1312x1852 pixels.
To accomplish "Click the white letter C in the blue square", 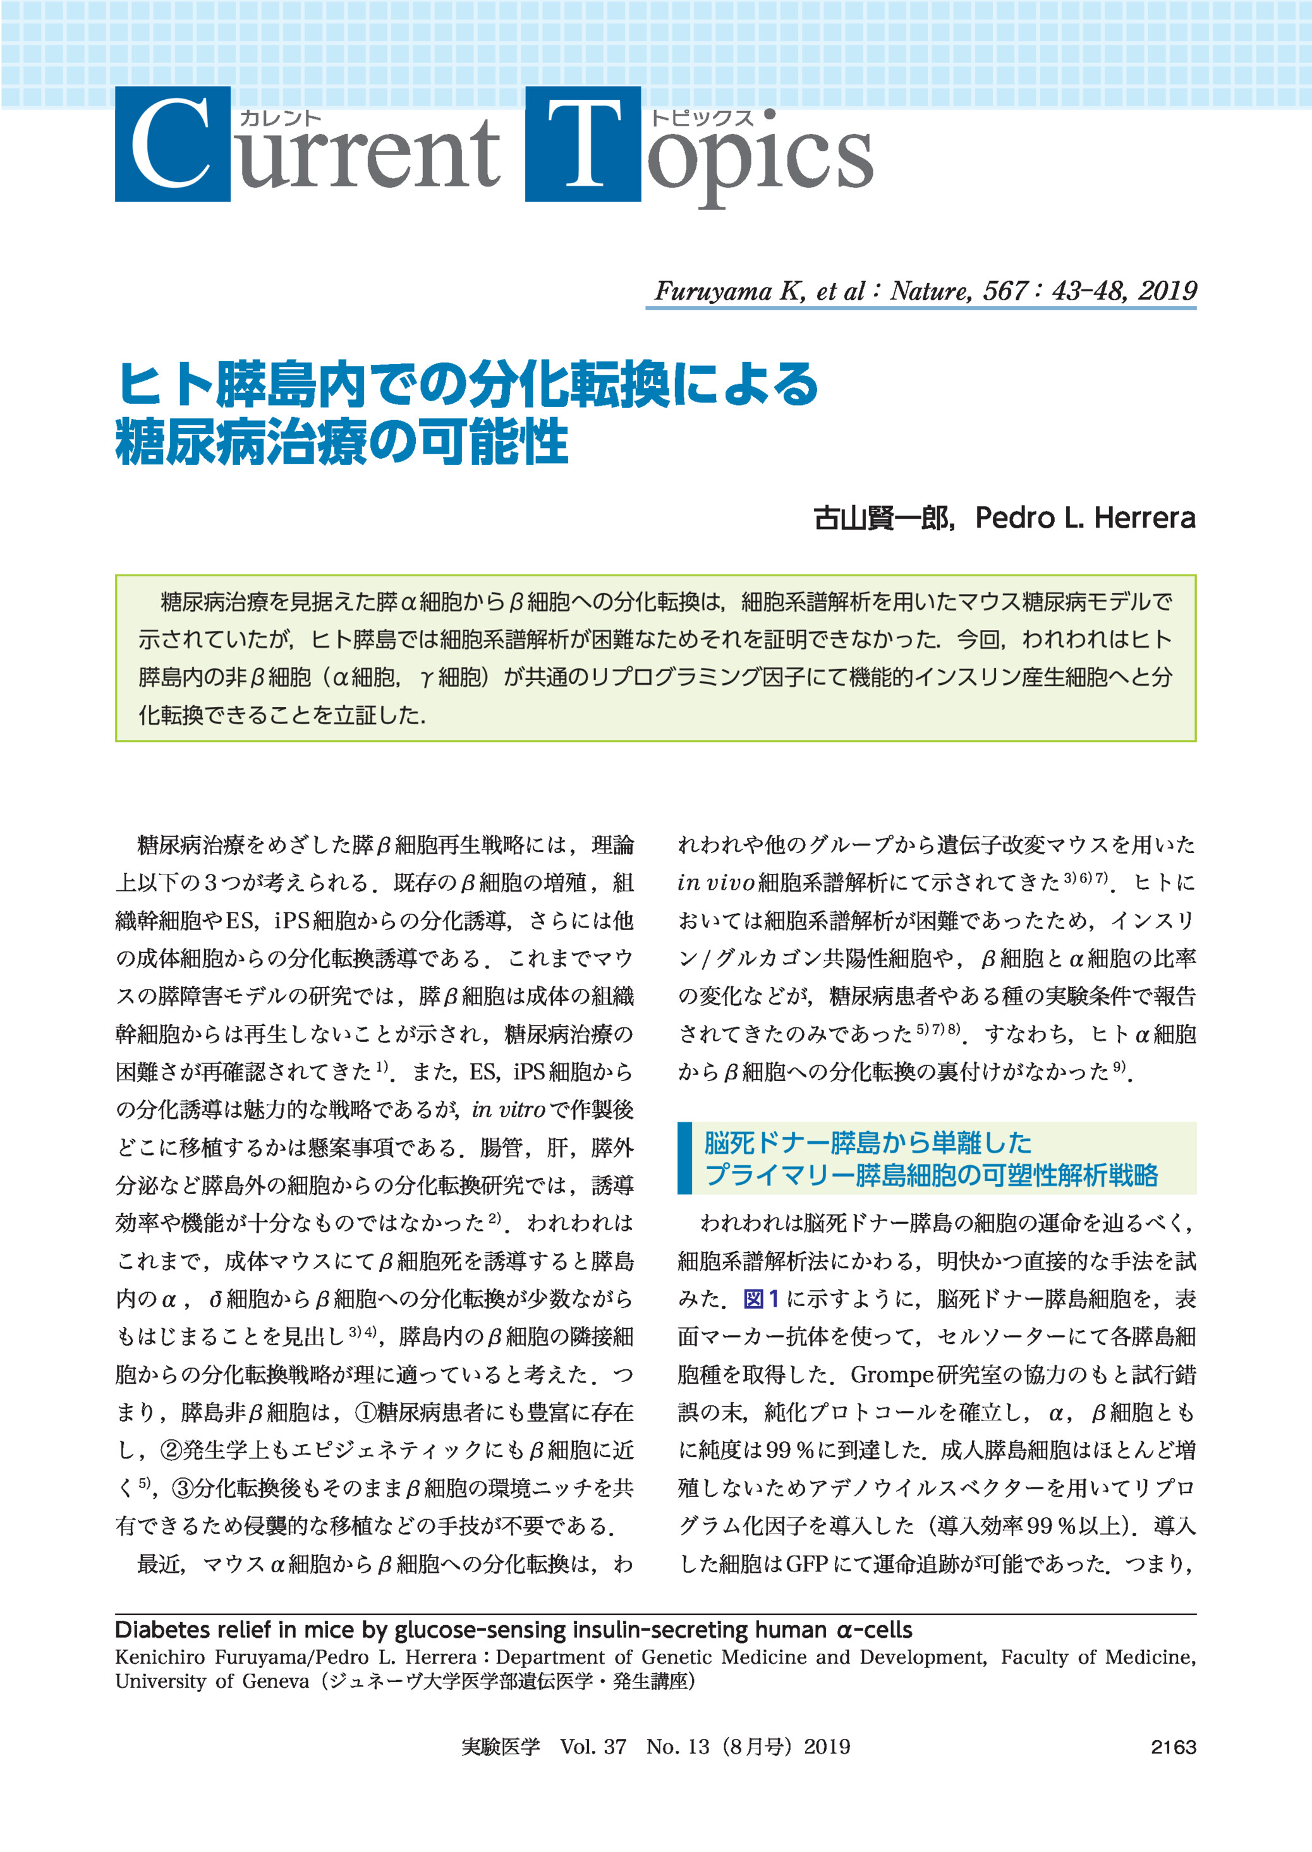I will (x=171, y=144).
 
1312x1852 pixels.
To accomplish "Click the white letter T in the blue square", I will (x=583, y=144).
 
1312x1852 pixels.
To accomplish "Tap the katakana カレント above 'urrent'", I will (x=281, y=118).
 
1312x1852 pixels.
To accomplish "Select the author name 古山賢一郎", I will (x=882, y=517).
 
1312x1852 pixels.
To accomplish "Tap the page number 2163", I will (x=1173, y=1747).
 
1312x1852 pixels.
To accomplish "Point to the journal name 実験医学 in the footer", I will (x=500, y=1747).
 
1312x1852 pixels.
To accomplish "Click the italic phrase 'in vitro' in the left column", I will (x=508, y=1110).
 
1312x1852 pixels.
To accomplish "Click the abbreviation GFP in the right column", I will (x=806, y=1565).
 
